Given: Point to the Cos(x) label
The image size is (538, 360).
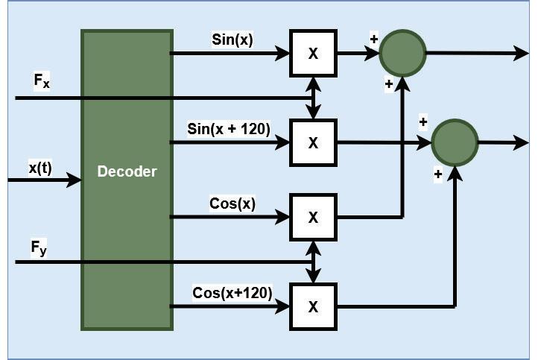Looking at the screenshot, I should click(x=233, y=203).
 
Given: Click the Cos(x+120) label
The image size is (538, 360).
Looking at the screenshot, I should click(x=232, y=292).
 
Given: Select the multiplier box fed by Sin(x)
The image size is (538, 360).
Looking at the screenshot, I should click(x=313, y=53).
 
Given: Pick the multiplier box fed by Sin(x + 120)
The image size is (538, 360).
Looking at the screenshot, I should click(x=313, y=142).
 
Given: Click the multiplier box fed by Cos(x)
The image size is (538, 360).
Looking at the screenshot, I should click(x=313, y=217).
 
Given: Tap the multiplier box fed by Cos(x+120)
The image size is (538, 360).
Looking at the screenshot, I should click(x=313, y=306).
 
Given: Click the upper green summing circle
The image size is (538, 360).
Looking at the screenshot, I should click(x=402, y=53).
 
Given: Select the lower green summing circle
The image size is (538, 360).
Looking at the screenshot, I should click(x=455, y=142).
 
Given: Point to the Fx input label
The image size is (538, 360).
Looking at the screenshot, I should click(x=42, y=81).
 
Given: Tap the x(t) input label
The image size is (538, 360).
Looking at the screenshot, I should click(x=41, y=168).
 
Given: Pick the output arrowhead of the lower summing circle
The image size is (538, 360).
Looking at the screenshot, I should click(x=522, y=142).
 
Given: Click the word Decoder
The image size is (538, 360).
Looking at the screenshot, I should click(x=127, y=171).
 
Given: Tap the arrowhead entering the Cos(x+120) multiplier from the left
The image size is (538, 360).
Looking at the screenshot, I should click(x=284, y=306).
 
